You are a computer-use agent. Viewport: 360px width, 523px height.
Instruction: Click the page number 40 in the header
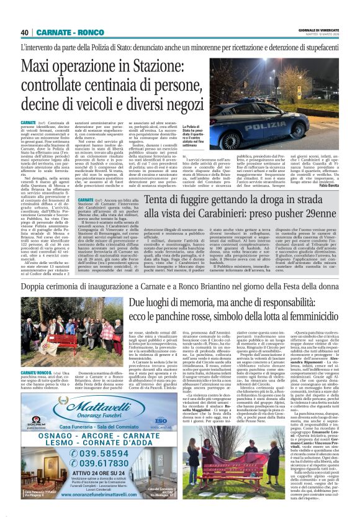(x=25, y=32)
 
